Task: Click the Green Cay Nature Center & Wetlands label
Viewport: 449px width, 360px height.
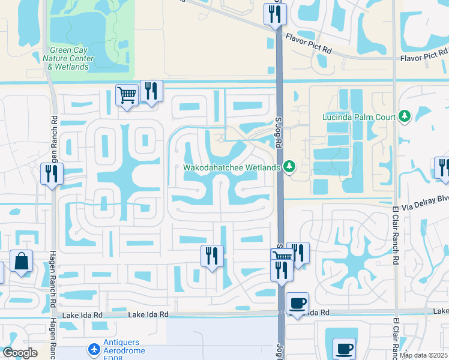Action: [68, 59]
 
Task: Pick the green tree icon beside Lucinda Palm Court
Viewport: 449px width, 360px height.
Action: [405, 115]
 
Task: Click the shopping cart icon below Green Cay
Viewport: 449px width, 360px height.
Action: [127, 95]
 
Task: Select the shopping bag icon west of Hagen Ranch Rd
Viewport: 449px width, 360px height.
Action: [21, 262]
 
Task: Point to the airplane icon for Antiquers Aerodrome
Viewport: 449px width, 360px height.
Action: [94, 349]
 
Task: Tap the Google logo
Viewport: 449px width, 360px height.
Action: [20, 353]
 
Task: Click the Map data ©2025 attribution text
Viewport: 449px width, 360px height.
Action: [423, 355]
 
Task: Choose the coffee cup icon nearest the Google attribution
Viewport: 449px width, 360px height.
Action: [345, 349]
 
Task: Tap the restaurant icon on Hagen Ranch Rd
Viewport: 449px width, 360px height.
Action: [52, 174]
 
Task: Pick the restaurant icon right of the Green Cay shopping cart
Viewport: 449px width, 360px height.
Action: [151, 91]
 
